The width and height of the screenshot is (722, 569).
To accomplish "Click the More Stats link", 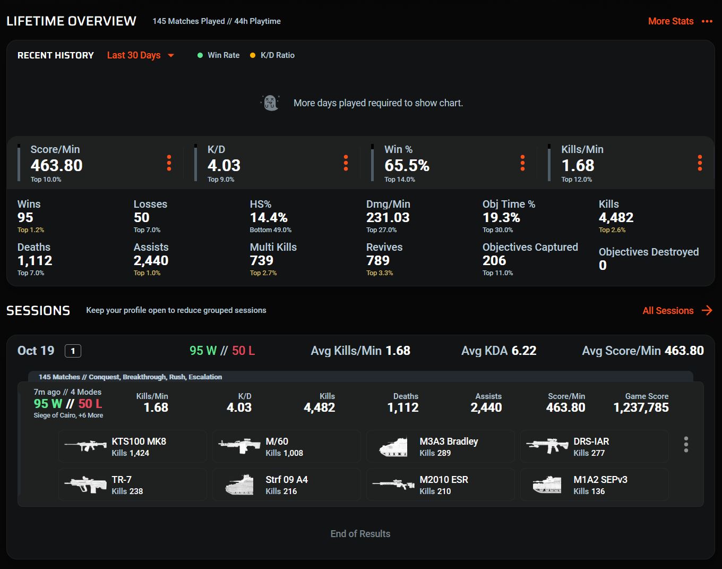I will (671, 21).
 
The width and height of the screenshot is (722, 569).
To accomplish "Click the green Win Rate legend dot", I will (200, 55).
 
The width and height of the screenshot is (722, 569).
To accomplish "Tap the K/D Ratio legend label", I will (277, 55).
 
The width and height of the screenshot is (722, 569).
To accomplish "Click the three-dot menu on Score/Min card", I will (169, 163).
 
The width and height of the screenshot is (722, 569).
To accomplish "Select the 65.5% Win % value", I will (407, 165).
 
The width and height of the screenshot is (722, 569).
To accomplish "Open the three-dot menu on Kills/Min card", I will (700, 163).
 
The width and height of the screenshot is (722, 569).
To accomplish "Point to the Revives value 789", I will (378, 260).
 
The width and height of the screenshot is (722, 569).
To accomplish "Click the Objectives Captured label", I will (530, 247).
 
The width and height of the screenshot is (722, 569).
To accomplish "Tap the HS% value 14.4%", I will (269, 217).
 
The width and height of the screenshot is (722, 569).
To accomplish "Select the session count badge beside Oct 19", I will (73, 351).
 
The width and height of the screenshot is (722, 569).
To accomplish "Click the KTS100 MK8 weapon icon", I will (85, 446).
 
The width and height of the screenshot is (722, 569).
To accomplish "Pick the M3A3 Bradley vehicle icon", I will (393, 447).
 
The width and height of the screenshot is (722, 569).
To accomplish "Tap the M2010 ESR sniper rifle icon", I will (393, 485).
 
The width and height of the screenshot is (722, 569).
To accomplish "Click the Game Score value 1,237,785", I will (641, 407).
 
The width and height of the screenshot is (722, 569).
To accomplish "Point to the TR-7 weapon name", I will (122, 479).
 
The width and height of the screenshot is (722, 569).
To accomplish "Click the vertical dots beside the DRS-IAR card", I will (686, 445).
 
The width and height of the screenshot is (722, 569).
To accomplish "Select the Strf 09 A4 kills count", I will (281, 491).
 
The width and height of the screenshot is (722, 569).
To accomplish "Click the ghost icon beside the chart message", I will (270, 103).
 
